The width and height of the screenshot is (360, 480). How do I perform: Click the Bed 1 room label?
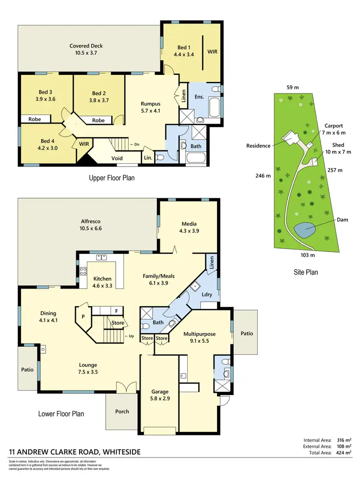click(183, 48)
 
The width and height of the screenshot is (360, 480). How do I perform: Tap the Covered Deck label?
click(86, 46)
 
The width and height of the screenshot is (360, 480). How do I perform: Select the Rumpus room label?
click(150, 103)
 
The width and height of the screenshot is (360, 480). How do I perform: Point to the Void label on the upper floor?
click(117, 158)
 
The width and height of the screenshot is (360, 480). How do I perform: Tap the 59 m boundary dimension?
click(293, 87)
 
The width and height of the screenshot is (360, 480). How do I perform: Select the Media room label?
click(189, 224)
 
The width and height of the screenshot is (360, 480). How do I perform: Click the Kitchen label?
click(102, 278)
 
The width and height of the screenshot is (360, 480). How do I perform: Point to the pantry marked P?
click(83, 317)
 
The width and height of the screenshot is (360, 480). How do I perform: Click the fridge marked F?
click(116, 310)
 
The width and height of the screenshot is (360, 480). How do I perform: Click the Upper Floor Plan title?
click(112, 178)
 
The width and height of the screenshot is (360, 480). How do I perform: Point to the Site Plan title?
click(306, 272)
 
